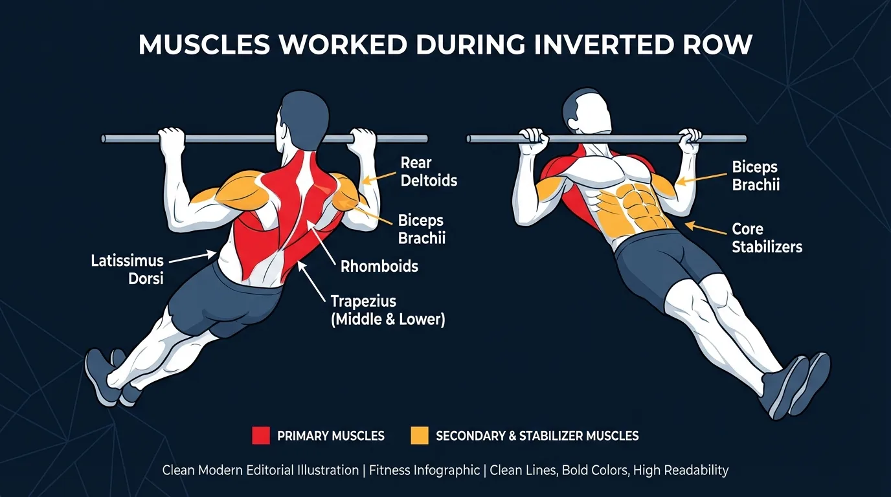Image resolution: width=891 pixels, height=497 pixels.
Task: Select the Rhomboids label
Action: [379, 266]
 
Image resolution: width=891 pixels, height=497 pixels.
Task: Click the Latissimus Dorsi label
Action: [127, 270]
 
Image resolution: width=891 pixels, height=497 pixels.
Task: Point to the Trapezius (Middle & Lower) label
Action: [387, 310]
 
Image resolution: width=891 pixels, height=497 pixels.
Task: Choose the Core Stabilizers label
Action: [767, 237]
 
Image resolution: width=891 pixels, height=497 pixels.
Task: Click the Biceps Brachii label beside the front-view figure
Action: [756, 176]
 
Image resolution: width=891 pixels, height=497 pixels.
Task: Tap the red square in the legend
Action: [260, 436]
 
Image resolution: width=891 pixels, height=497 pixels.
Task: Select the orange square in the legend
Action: [420, 436]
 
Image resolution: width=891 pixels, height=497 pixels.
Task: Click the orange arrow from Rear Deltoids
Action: [378, 177]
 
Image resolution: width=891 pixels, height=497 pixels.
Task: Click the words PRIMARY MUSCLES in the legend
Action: [330, 436]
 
